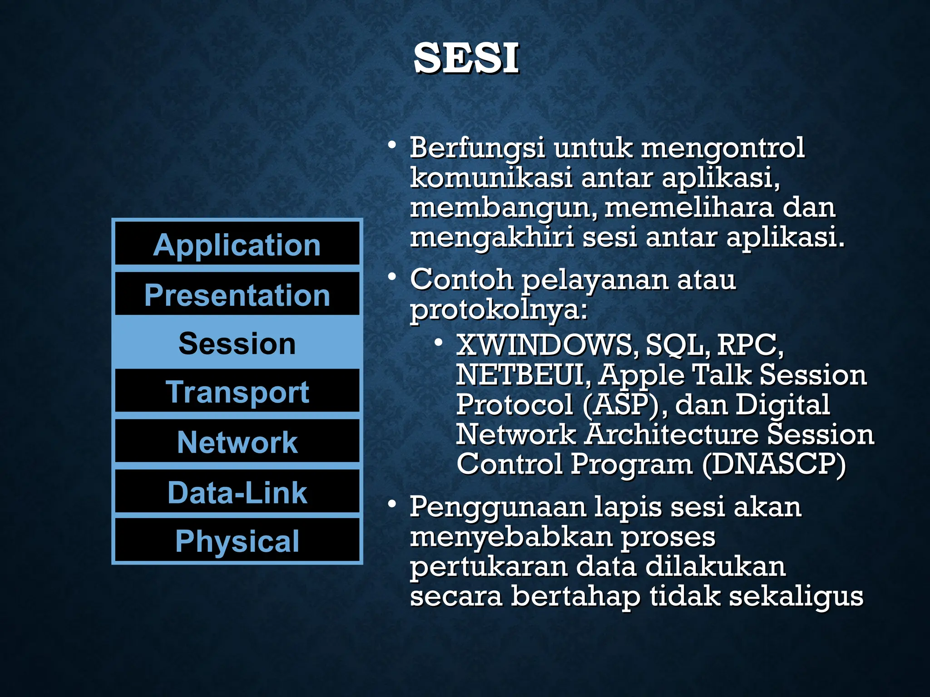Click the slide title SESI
(466, 58)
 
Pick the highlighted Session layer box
(237, 343)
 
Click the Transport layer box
(237, 392)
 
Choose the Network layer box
(237, 442)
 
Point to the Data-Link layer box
(237, 492)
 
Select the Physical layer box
(237, 541)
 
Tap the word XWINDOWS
(544, 345)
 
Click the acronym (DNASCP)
(774, 464)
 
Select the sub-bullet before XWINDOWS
(438, 343)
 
